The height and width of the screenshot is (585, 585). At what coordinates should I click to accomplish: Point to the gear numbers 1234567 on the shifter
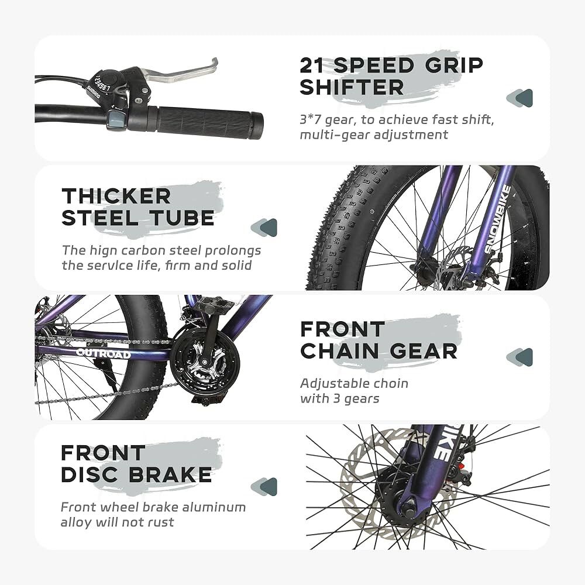[101, 83]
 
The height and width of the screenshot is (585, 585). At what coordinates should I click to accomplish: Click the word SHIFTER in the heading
[352, 87]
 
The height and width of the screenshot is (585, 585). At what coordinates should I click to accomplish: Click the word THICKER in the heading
[116, 196]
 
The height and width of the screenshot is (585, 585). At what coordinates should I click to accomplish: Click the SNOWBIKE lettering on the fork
[498, 219]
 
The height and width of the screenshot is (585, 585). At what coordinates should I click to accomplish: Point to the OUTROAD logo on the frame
[104, 353]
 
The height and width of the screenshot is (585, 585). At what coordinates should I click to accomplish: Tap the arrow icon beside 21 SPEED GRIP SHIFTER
[519, 98]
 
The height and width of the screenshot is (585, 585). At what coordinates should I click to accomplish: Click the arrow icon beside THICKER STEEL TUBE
[264, 228]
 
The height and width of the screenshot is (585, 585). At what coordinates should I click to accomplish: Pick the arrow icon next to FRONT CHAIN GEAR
[519, 357]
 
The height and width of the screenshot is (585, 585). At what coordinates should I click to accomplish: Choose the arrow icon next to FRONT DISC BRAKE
[264, 487]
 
